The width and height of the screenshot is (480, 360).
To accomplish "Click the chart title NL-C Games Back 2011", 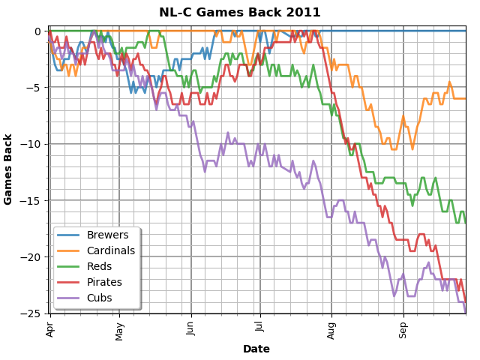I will tap(240, 13).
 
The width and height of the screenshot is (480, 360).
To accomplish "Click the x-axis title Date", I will tap(256, 349).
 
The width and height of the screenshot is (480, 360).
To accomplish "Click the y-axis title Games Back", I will tap(8, 169).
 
